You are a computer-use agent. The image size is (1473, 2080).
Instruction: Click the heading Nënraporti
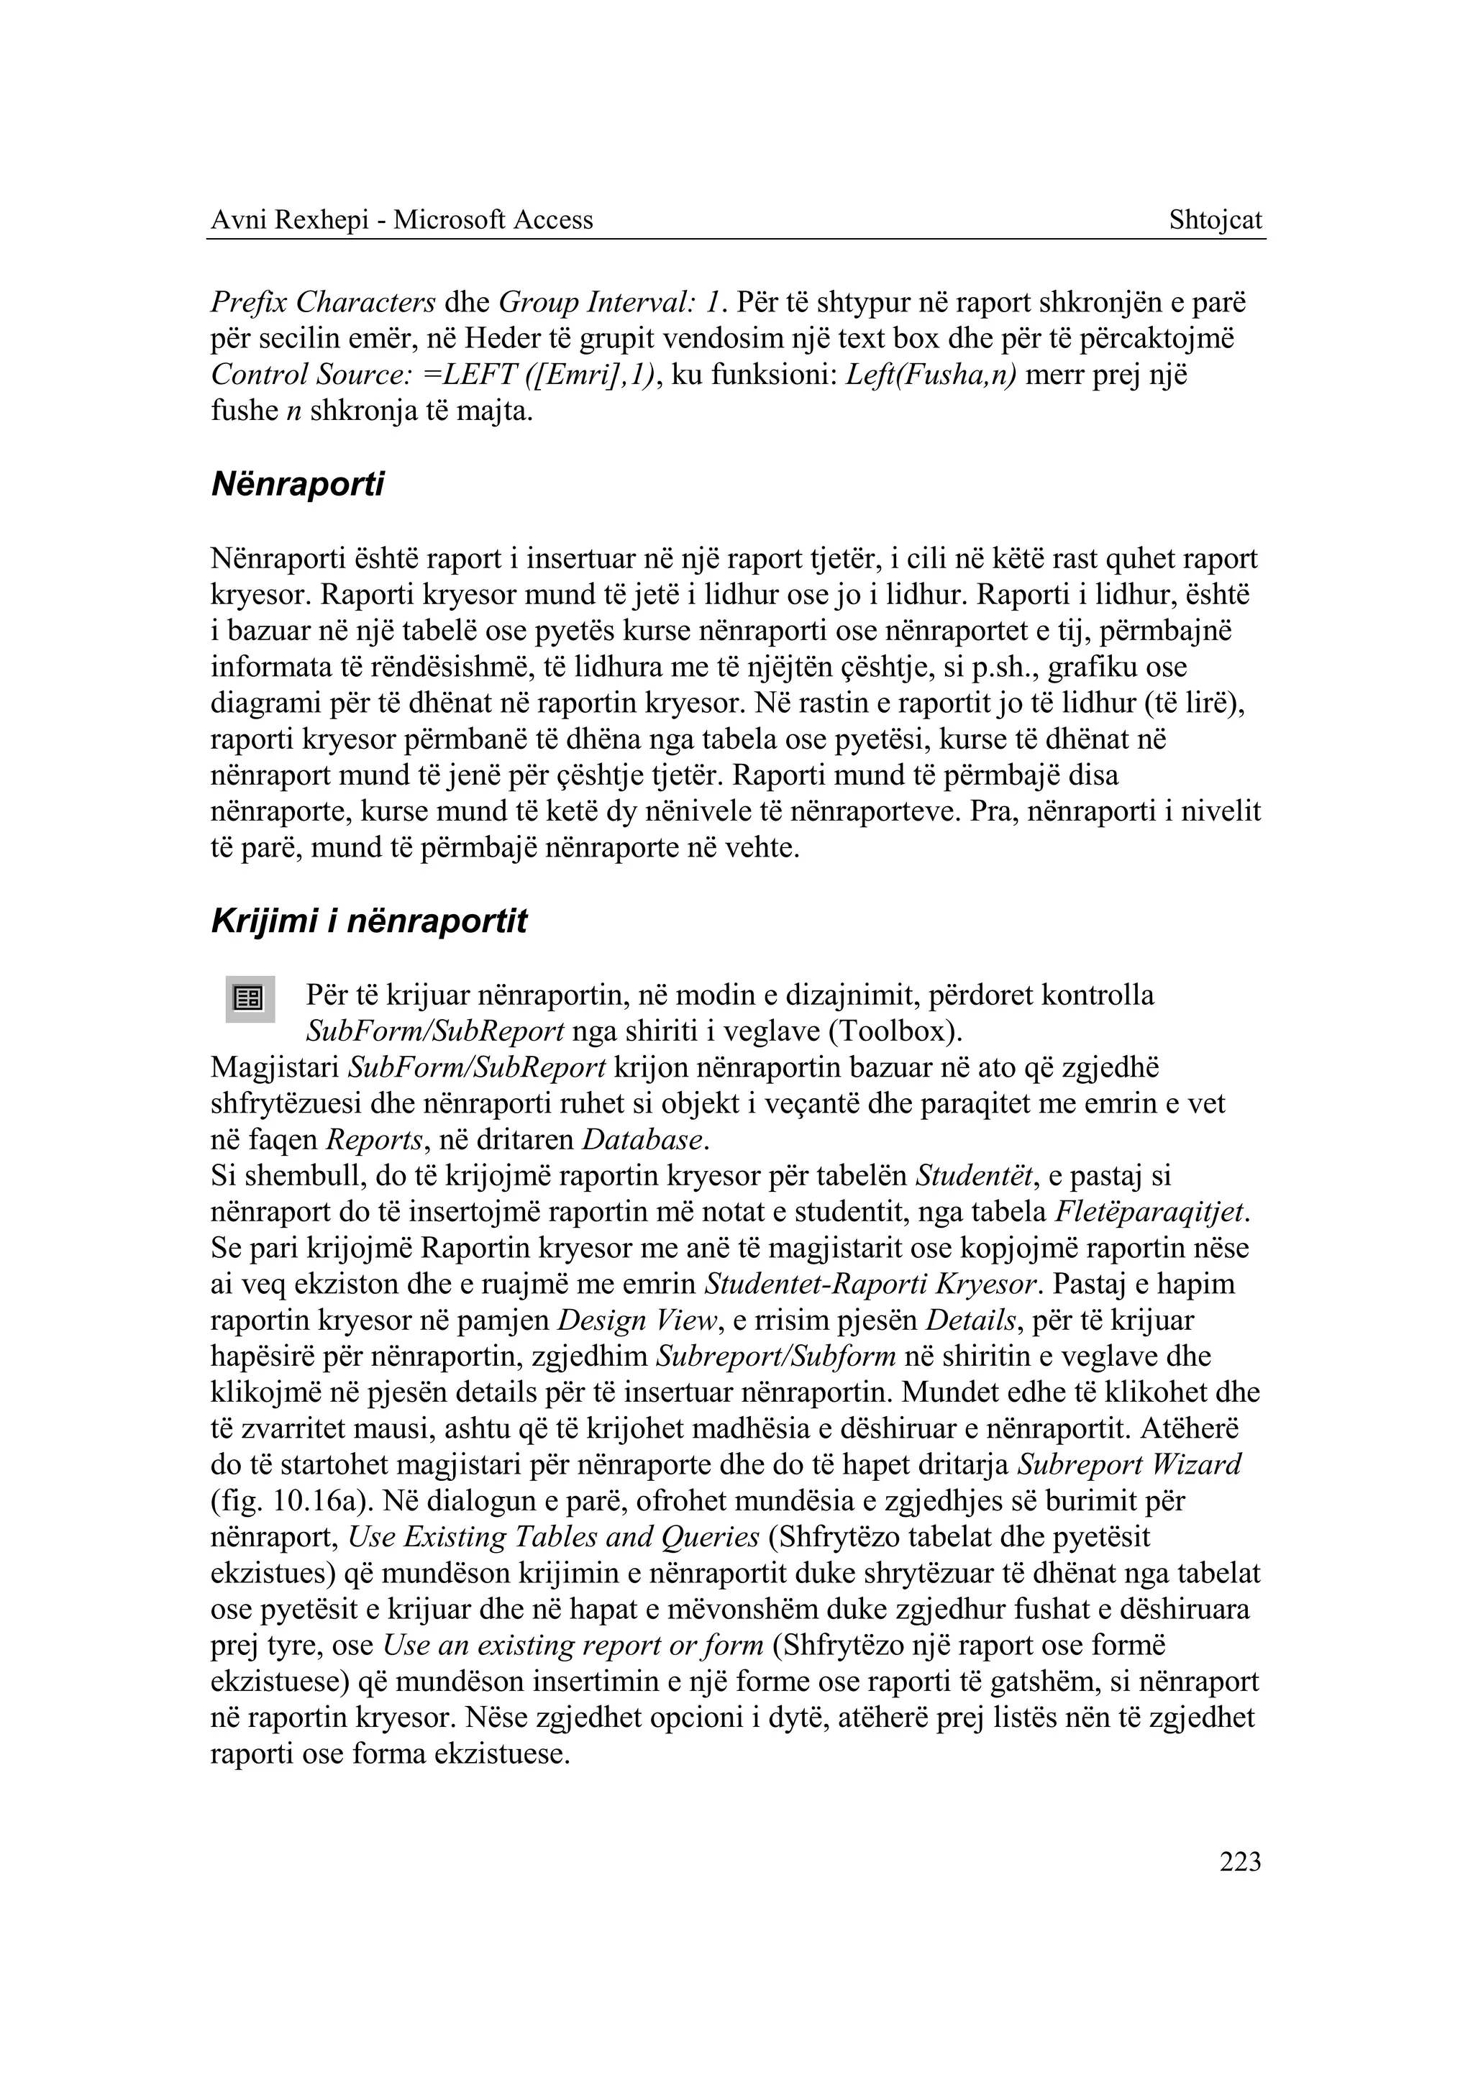coord(298,485)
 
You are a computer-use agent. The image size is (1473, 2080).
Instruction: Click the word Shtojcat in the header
coord(1216,220)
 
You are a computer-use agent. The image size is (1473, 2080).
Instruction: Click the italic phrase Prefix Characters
coord(324,302)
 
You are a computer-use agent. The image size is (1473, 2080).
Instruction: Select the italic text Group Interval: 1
coord(613,302)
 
